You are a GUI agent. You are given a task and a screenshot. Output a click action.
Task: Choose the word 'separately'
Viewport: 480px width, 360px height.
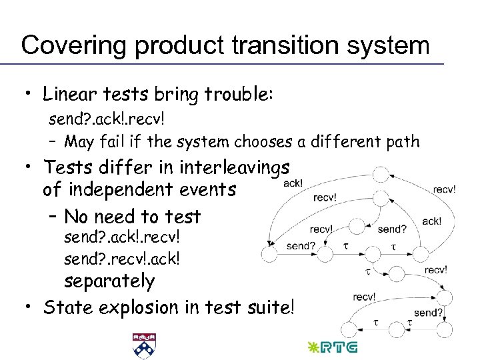[x=109, y=281]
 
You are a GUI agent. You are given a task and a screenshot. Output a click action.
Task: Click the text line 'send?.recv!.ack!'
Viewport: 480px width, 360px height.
[x=122, y=257]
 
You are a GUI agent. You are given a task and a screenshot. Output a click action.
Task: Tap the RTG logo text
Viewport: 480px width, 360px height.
[x=339, y=347]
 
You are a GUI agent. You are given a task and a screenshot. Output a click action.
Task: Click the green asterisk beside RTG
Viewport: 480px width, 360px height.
[x=312, y=347]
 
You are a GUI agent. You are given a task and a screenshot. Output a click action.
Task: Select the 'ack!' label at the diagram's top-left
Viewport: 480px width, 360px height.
[x=293, y=183]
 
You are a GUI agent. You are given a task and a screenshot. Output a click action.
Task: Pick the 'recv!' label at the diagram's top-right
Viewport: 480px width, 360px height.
[x=444, y=189]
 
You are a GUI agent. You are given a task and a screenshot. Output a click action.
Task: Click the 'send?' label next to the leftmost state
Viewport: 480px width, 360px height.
[x=300, y=245]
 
